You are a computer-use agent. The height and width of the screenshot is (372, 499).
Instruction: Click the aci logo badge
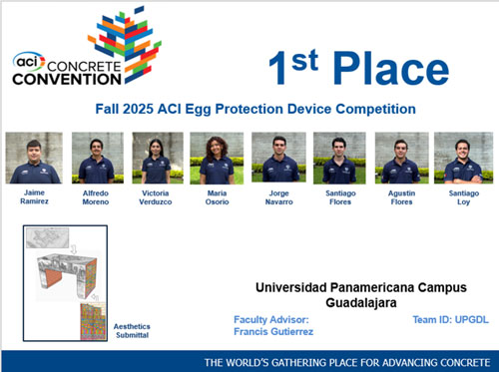coord(28,59)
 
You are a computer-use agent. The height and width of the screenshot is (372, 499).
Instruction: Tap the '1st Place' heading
coord(358,67)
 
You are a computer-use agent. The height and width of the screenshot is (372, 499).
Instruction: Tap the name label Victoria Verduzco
coord(157,195)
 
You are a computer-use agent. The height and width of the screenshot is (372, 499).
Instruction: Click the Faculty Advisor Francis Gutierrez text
coord(272,325)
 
